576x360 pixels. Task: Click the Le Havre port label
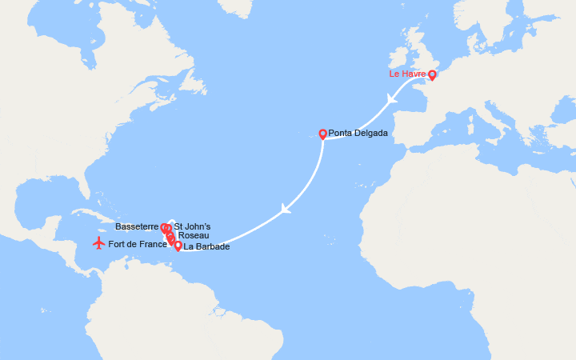pyautogui.click(x=406, y=74)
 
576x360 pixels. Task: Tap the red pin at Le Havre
pyautogui.click(x=432, y=75)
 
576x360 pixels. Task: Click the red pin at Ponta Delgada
pyautogui.click(x=322, y=134)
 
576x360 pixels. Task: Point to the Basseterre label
pyautogui.click(x=142, y=227)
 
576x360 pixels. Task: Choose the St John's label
pyautogui.click(x=192, y=227)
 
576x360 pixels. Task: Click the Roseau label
pyautogui.click(x=194, y=236)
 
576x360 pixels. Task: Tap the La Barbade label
pyautogui.click(x=206, y=247)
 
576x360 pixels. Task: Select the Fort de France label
pyautogui.click(x=137, y=244)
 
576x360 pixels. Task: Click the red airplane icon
pyautogui.click(x=98, y=242)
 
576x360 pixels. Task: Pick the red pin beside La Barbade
pyautogui.click(x=178, y=246)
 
